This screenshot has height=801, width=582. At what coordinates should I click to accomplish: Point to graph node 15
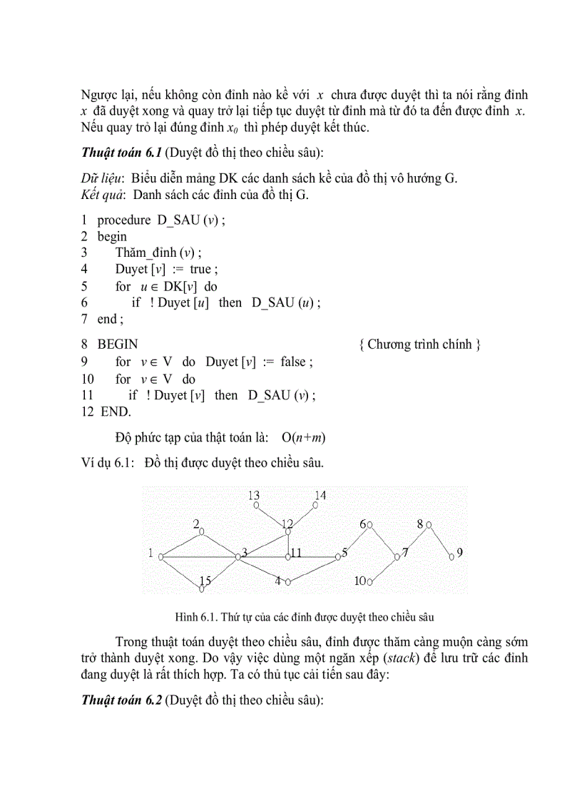click(203, 589)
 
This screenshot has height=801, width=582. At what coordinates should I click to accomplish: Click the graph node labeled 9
click(451, 556)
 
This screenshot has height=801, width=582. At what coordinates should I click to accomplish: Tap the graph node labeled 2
click(202, 531)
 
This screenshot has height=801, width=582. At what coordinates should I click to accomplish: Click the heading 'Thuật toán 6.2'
click(122, 700)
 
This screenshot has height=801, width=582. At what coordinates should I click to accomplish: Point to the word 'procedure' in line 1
click(123, 220)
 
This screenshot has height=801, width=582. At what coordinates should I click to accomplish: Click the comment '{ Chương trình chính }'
click(420, 345)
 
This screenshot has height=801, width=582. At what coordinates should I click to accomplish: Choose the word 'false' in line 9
click(292, 362)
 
